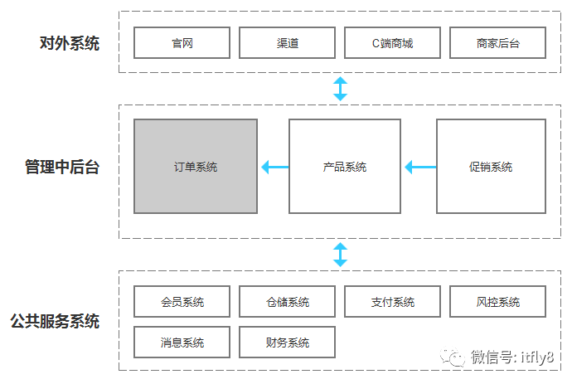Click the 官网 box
(x=182, y=43)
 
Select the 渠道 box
(x=287, y=43)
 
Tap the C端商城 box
(x=392, y=43)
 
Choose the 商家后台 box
(x=497, y=43)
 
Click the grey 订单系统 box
(x=196, y=167)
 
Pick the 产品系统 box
(x=344, y=167)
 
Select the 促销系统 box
(x=491, y=167)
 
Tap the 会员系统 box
(x=182, y=302)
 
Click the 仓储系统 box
(x=287, y=302)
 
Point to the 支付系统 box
(x=392, y=302)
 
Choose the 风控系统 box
(x=497, y=302)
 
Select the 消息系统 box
(x=182, y=342)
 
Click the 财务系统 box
(x=287, y=342)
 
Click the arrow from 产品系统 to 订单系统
(x=274, y=168)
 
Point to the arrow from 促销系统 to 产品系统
(x=420, y=168)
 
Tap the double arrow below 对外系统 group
(x=340, y=89)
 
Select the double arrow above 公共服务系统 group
(x=340, y=255)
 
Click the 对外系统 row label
(x=69, y=43)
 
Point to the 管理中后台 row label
(x=61, y=168)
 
